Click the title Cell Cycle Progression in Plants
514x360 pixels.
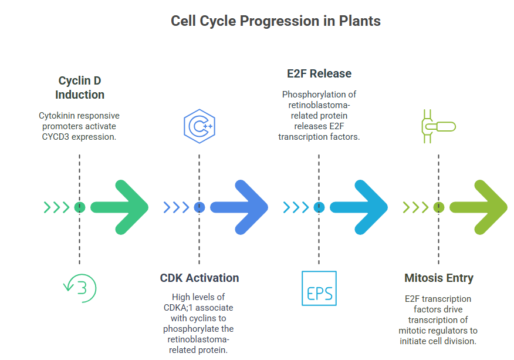[275, 21]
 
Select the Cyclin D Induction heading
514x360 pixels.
[80, 88]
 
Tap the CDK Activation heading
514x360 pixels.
[199, 278]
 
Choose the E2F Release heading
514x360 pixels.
[319, 73]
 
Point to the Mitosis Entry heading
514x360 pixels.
[439, 278]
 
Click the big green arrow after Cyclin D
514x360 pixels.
[120, 207]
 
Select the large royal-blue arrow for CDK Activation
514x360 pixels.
[239, 207]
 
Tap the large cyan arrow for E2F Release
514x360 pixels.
[359, 207]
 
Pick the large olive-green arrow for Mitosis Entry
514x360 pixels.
[479, 207]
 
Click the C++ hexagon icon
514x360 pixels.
[199, 126]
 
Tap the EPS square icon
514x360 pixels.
[319, 288]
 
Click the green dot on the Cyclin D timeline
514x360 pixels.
[80, 207]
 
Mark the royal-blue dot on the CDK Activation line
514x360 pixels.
[199, 207]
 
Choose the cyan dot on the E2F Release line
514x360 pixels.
[319, 207]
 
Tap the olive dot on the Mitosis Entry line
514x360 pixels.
[439, 207]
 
